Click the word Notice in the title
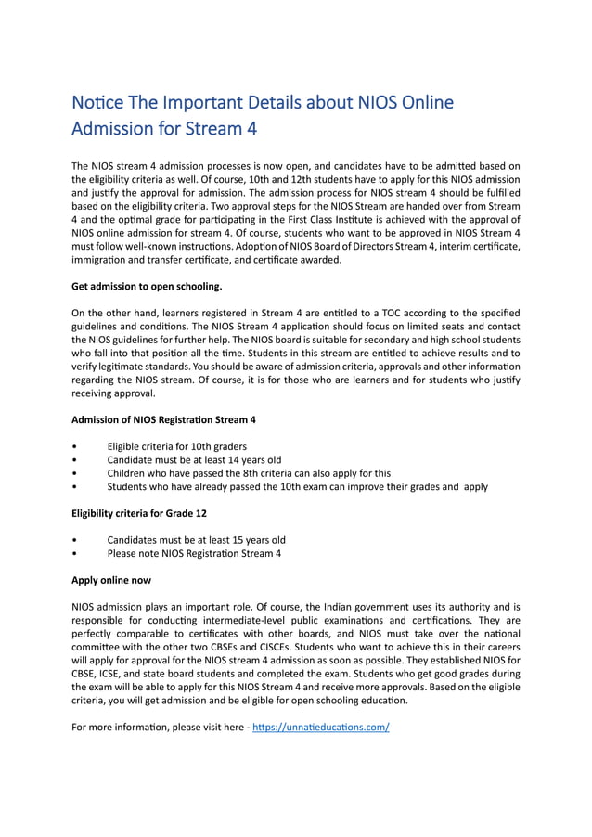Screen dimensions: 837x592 [x=98, y=102]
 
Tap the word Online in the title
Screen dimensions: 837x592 [x=424, y=102]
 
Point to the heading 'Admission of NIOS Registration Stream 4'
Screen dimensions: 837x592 [x=163, y=419]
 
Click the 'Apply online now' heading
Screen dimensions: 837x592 [x=111, y=580]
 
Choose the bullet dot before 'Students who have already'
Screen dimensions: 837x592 [x=74, y=487]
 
